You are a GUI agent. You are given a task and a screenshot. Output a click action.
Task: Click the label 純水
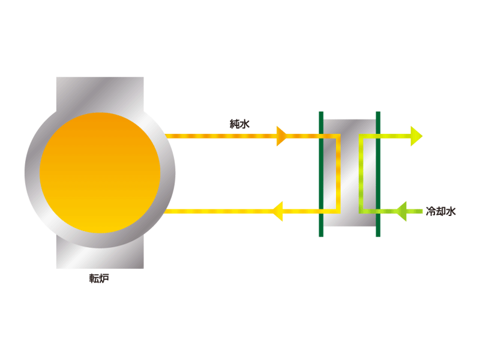click(x=239, y=124)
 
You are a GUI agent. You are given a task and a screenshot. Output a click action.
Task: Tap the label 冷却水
click(x=441, y=211)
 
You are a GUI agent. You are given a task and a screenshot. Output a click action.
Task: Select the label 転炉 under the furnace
click(x=99, y=278)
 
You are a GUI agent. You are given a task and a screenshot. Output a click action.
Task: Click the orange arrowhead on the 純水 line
click(x=281, y=136)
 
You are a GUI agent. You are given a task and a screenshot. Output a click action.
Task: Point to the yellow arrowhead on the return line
click(x=278, y=211)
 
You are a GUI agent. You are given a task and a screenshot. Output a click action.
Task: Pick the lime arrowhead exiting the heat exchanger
click(x=416, y=136)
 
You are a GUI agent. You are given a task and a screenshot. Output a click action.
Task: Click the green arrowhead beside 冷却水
click(x=401, y=211)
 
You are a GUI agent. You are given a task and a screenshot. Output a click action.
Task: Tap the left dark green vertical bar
click(x=321, y=174)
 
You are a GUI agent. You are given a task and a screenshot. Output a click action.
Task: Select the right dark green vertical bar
click(x=378, y=174)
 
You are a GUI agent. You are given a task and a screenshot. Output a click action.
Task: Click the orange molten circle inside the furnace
click(x=100, y=173)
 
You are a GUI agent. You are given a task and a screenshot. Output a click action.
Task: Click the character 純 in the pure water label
click(x=235, y=124)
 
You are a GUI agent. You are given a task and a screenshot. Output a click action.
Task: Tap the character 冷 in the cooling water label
click(x=431, y=211)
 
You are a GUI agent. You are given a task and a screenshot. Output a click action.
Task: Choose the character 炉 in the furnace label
click(x=104, y=278)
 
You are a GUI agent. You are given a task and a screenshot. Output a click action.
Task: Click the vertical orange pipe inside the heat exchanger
click(x=338, y=173)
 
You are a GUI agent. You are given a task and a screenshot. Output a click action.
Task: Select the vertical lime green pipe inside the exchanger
click(x=361, y=173)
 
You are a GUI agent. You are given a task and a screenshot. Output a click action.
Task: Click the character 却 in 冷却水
click(x=441, y=211)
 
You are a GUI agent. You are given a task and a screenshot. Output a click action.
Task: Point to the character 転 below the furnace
click(x=94, y=278)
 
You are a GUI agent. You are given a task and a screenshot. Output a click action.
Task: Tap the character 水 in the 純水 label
click(x=245, y=124)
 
